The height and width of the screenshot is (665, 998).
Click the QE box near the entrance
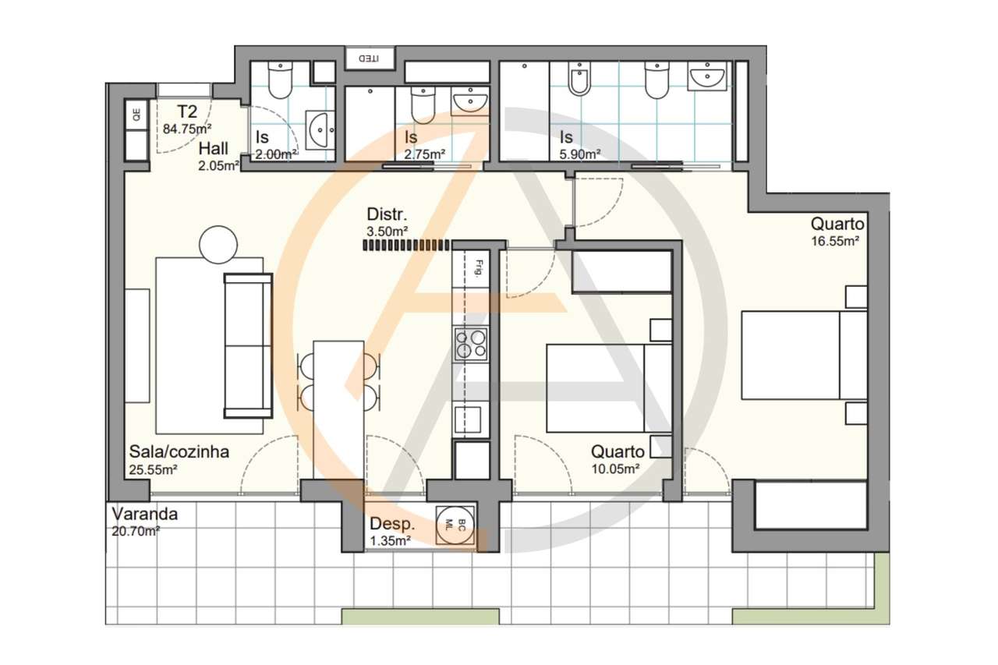click(x=136, y=115)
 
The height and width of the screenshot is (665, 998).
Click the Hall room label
click(x=214, y=149)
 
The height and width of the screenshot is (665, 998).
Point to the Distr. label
click(x=388, y=214)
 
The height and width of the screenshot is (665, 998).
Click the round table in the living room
click(x=218, y=245)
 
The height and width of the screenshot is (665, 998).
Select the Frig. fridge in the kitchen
click(x=471, y=269)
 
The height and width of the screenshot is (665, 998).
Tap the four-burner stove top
click(x=470, y=344)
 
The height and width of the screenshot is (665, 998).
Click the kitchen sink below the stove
click(x=470, y=419)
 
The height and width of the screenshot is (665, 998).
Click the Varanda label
click(x=145, y=515)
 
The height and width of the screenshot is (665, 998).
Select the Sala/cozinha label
click(x=179, y=451)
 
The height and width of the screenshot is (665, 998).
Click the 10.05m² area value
click(x=615, y=469)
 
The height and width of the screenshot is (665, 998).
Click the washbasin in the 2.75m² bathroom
click(x=470, y=101)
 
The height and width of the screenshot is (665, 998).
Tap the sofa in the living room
click(x=248, y=345)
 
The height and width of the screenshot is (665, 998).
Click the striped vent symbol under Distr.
click(x=406, y=245)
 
